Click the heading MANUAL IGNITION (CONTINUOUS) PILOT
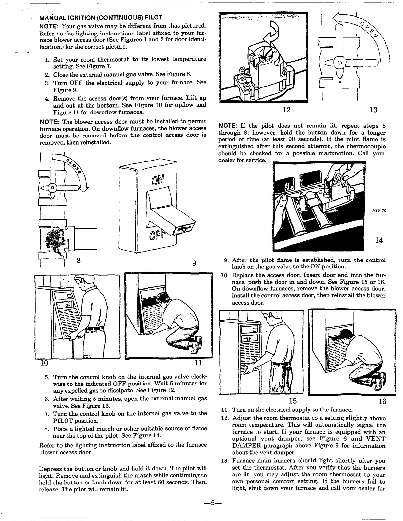[100, 17]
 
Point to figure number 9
[194, 263]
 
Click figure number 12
[287, 110]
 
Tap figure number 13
[373, 110]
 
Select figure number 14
[379, 240]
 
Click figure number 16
[382, 401]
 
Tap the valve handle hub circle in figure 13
[341, 62]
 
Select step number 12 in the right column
[225, 418]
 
